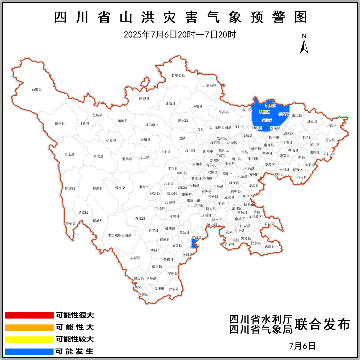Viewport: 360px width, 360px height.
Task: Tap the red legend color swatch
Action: pos(29,315)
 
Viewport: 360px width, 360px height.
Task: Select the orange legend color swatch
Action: pos(29,327)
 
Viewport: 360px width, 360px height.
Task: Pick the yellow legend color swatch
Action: pos(29,339)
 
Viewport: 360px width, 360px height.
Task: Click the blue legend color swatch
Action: pos(29,351)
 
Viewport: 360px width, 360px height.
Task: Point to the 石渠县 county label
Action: pos(37,89)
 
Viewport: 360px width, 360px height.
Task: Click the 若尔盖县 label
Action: pos(178,75)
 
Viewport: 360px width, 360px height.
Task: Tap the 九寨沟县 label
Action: pos(209,86)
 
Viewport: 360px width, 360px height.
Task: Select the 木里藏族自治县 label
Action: pos(120,235)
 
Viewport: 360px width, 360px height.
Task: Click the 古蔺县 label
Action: pos(270,246)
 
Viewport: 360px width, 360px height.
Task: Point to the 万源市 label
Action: pos(332,126)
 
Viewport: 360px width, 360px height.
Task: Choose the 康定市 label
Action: pos(144,187)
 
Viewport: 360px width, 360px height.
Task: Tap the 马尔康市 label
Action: pos(152,125)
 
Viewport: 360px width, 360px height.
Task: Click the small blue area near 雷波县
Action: pos(193,244)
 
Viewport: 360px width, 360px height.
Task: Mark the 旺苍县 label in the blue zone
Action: pos(284,114)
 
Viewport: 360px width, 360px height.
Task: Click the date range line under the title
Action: pos(180,34)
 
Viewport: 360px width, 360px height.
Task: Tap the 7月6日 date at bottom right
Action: pos(303,346)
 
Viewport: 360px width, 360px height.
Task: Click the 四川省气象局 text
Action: pos(260,329)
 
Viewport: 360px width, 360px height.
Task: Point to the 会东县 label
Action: pos(174,289)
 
